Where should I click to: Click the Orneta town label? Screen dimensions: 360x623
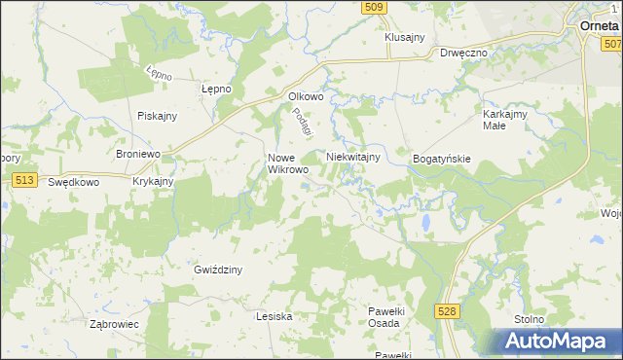(x=600, y=26)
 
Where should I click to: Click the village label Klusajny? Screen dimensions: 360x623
(x=405, y=37)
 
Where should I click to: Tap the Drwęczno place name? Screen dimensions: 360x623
(x=463, y=54)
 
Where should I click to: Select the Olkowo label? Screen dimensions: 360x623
(x=306, y=96)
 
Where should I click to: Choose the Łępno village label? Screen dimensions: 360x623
(x=215, y=89)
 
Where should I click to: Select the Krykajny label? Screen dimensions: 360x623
(x=153, y=182)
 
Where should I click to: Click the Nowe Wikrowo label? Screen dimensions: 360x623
(x=288, y=162)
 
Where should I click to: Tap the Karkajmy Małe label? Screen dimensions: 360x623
(x=506, y=119)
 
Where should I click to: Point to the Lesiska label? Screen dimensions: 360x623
(x=274, y=316)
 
